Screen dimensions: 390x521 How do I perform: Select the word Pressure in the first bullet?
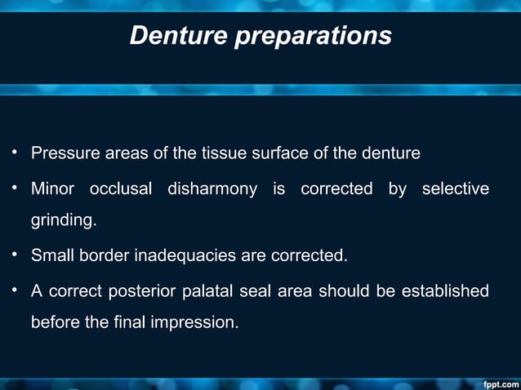click(x=62, y=153)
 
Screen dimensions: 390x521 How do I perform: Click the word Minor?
click(x=52, y=189)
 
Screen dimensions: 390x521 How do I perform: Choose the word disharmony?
click(x=212, y=189)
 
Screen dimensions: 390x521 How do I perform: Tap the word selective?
click(x=456, y=189)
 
